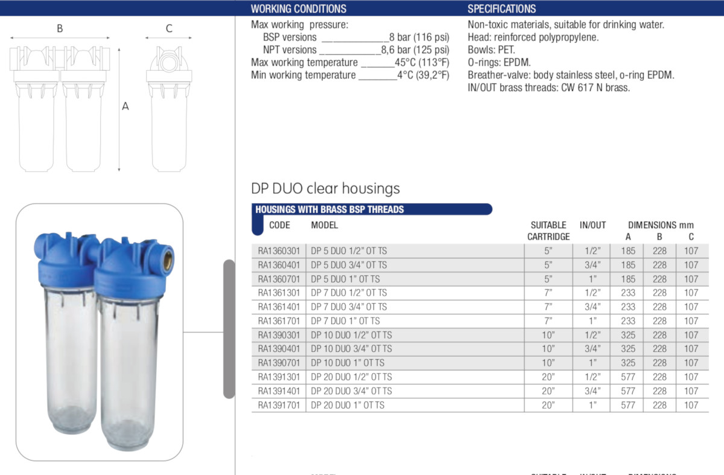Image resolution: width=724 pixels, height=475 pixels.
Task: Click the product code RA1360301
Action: [279, 251]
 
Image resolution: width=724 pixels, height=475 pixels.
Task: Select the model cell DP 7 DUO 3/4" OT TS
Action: [349, 307]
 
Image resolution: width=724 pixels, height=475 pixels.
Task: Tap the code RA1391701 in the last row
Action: [279, 405]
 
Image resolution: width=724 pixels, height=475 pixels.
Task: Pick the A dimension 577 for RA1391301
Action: [628, 377]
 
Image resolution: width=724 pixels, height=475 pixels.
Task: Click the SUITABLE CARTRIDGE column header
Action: [548, 231]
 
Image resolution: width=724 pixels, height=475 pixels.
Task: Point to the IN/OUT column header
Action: [592, 225]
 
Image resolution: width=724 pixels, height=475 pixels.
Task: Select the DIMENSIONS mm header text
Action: [661, 225]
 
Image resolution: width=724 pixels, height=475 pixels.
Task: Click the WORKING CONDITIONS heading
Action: [299, 8]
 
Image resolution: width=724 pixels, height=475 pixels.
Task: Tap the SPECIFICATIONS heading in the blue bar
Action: [501, 8]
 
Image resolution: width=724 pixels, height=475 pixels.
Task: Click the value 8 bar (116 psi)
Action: [419, 37]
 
